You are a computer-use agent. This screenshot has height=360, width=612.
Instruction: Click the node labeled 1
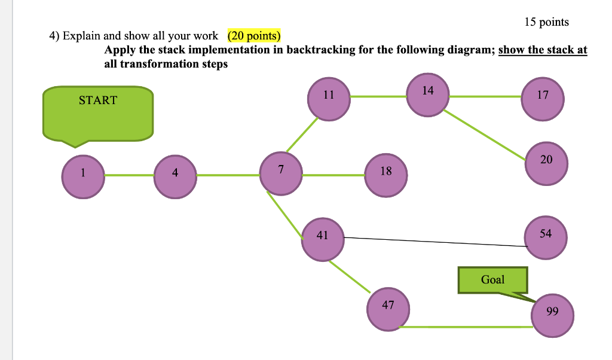pos(84,176)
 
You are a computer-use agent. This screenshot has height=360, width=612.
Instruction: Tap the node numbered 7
pos(281,173)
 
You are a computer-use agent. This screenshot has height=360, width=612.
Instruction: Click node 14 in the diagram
pos(427,94)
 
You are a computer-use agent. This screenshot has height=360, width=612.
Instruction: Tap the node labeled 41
pos(323,239)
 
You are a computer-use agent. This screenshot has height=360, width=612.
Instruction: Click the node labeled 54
pos(544,237)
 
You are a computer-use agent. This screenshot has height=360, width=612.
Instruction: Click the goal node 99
pos(553,314)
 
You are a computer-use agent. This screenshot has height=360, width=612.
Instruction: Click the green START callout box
pos(98,114)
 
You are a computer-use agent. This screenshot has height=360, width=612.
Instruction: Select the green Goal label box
pos(492,280)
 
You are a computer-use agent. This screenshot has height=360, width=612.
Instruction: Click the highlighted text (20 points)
pos(254,36)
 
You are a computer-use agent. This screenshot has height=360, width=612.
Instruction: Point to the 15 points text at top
pos(546,22)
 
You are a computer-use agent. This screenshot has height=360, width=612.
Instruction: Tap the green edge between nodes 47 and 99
pos(466,327)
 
